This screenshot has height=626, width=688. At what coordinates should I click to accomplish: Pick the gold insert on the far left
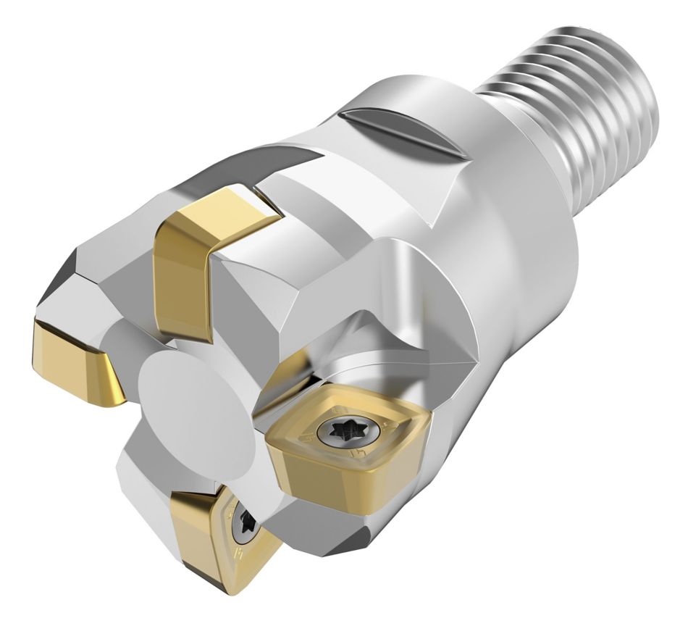click(x=72, y=362)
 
